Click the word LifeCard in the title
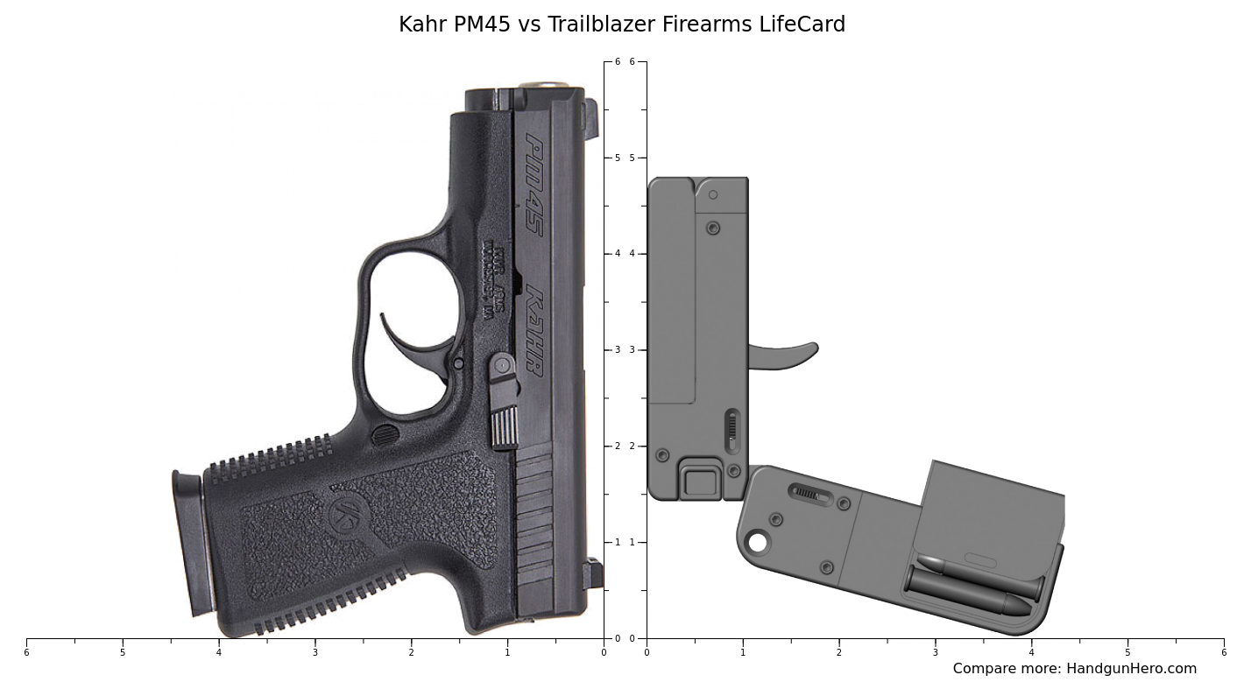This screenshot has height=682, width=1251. pyautogui.click(x=802, y=25)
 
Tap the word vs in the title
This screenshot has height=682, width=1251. pyautogui.click(x=529, y=25)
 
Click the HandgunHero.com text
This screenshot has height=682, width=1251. pyautogui.click(x=1131, y=669)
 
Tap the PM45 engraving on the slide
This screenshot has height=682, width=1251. pyautogui.click(x=534, y=184)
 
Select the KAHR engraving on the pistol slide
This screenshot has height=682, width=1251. pyautogui.click(x=534, y=333)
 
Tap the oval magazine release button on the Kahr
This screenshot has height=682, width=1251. pyautogui.click(x=385, y=434)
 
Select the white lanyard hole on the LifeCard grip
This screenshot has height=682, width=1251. pyautogui.click(x=757, y=543)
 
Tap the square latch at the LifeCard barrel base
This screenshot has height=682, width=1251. pyautogui.click(x=699, y=482)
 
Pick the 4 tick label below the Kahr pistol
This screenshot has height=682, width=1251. pyautogui.click(x=219, y=652)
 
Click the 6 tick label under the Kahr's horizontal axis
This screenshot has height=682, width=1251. pyautogui.click(x=26, y=652)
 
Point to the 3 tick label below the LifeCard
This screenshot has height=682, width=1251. pyautogui.click(x=935, y=652)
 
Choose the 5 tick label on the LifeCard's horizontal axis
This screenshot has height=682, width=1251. pyautogui.click(x=1127, y=652)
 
